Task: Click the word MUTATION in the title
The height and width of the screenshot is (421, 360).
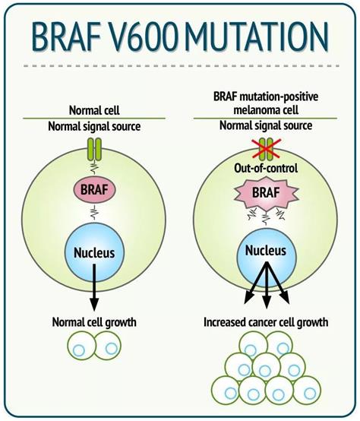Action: [256, 36]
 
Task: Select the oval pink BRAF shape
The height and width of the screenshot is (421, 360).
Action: [94, 190]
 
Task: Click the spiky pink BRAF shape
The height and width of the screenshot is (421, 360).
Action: [266, 193]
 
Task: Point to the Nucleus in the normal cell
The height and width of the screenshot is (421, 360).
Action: [94, 252]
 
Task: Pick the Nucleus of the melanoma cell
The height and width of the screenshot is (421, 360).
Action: [266, 254]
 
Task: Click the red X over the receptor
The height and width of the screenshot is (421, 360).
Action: [266, 148]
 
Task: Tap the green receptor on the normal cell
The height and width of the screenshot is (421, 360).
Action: [94, 149]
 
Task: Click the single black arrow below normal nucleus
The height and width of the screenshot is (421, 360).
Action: [94, 287]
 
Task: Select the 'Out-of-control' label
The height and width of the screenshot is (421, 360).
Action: [266, 169]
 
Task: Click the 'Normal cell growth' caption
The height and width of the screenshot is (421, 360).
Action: [94, 322]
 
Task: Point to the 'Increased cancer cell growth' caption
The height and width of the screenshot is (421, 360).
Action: [266, 322]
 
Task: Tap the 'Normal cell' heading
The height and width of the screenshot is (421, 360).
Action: [94, 110]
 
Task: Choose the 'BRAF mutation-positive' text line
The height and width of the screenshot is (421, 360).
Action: [266, 96]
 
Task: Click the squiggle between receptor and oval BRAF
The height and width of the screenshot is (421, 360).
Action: [94, 169]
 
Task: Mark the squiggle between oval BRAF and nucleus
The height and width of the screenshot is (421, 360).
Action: [94, 213]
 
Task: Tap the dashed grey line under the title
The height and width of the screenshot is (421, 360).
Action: [182, 66]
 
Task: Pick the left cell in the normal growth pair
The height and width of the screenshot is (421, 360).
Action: [81, 345]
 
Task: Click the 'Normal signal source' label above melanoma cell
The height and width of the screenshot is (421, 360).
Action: [266, 125]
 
